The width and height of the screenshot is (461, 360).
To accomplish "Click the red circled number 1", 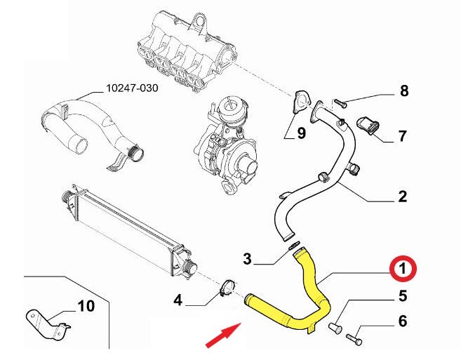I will [x=403, y=268].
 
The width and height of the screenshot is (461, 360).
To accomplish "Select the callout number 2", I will [x=403, y=196].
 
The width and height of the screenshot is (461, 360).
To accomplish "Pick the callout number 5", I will [x=403, y=295].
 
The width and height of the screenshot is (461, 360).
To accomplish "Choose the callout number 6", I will [x=403, y=321].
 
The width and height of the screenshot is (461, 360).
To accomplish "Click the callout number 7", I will [x=403, y=135].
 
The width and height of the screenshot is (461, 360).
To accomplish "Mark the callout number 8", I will [x=403, y=91].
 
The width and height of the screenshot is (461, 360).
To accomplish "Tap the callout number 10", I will [x=85, y=305].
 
